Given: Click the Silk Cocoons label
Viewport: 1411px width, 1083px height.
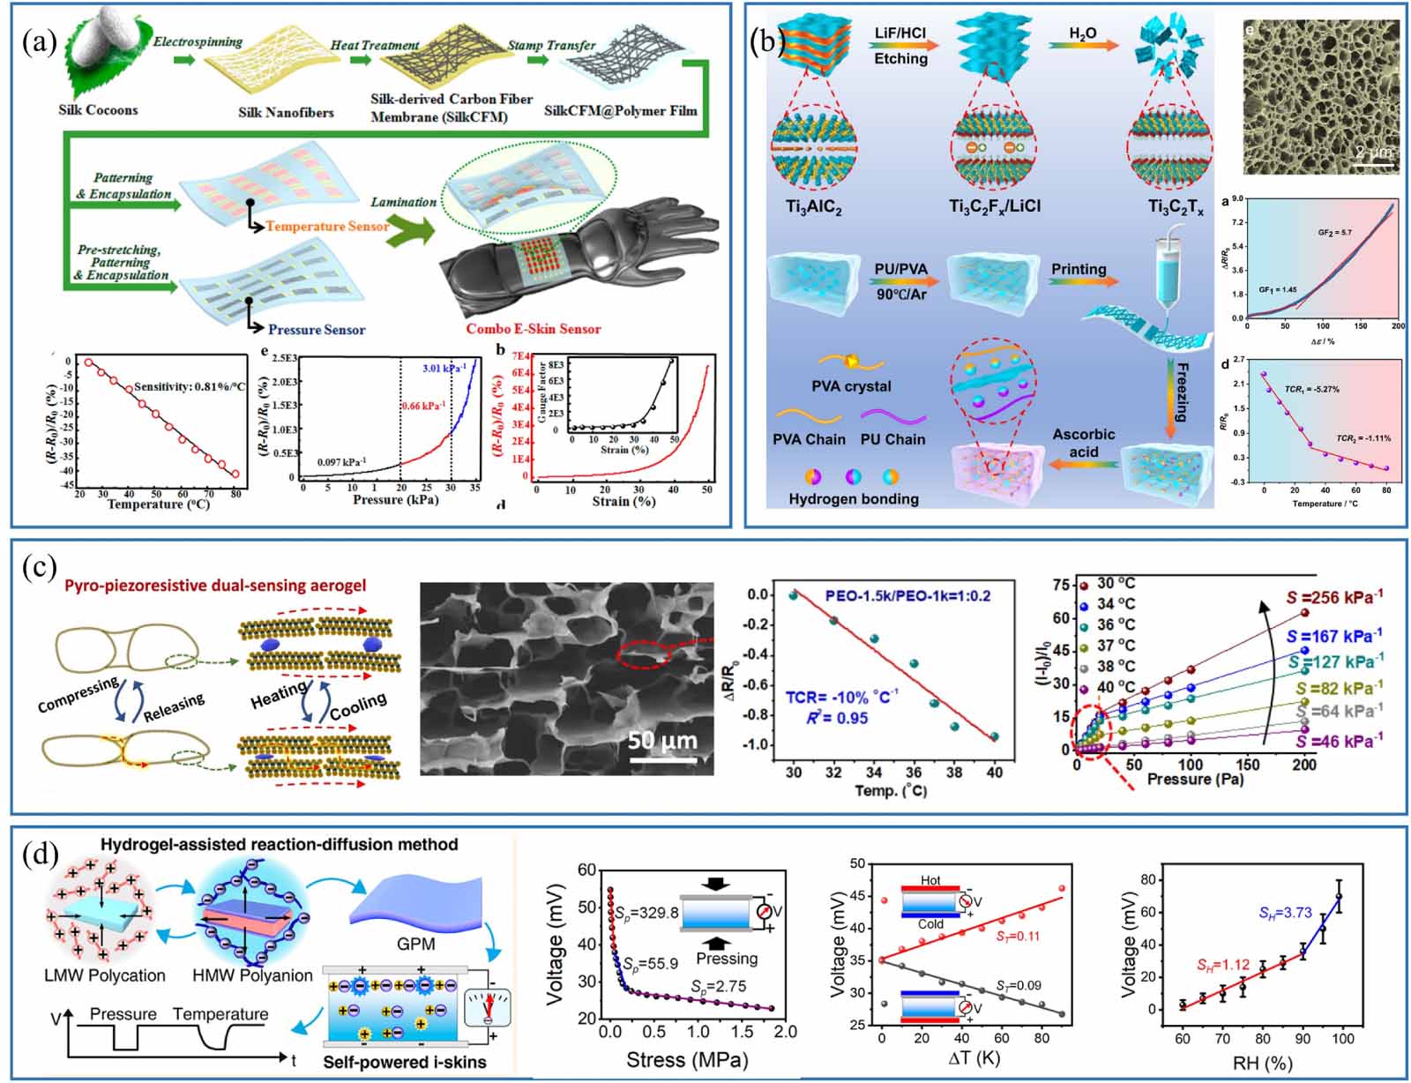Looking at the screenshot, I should click(98, 110).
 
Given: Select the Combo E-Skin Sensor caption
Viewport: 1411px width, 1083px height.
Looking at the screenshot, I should click(533, 329).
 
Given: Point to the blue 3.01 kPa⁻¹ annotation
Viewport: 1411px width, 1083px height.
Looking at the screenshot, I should click(442, 368).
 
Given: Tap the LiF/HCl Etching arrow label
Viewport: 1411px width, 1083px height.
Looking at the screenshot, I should click(900, 46).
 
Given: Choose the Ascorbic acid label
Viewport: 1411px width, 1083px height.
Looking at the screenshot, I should click(1083, 443).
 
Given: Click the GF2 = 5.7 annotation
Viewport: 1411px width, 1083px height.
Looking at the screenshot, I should click(1334, 233).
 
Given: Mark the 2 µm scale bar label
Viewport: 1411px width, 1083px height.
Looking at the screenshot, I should click(1373, 152).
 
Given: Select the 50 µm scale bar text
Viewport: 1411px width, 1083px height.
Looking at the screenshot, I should click(662, 740).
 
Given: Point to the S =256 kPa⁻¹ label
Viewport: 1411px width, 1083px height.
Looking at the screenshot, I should click(1333, 597).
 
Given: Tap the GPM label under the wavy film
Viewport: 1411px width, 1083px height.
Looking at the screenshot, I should click(415, 944).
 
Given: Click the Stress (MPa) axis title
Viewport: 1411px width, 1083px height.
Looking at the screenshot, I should click(687, 1058).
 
